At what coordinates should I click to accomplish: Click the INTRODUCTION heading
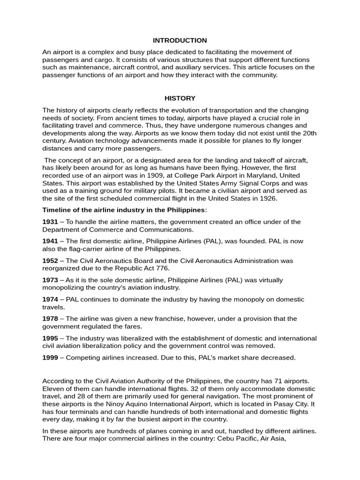tap(180, 41)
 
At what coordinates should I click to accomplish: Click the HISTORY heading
tap(180, 98)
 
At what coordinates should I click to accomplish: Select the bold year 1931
tap(50, 222)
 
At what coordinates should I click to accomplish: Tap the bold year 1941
tap(50, 241)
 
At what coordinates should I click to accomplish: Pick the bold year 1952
tap(50, 261)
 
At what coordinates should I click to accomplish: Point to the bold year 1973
tap(50, 280)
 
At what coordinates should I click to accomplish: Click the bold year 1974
tap(50, 299)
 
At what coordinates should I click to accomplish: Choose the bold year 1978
tap(50, 319)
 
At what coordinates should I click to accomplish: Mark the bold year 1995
tap(50, 338)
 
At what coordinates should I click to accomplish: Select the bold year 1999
tap(50, 358)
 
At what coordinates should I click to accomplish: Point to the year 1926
tap(268, 198)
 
